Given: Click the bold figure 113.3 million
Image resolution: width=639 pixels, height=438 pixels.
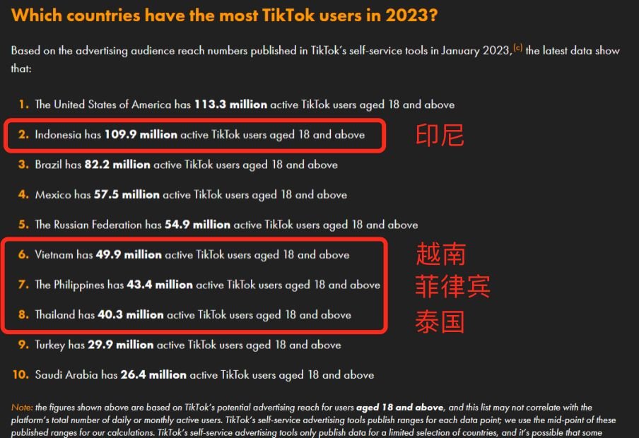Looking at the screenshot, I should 230,105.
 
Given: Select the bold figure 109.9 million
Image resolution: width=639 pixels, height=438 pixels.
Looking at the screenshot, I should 141,134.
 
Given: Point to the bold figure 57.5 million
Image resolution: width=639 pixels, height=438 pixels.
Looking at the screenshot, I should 127,194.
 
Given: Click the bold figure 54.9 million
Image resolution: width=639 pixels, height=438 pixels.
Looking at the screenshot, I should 197,225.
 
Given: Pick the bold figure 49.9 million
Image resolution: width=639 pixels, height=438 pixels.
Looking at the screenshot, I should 129,254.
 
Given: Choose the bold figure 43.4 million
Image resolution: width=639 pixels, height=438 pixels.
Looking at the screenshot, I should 160,285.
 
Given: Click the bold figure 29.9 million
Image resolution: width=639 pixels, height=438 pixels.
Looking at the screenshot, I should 120,345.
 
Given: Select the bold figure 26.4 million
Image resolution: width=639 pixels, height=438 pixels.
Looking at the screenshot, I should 153,374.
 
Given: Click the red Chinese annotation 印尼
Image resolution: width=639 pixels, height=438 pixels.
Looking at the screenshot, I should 440,135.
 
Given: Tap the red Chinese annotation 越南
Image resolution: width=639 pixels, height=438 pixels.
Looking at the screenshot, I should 440,254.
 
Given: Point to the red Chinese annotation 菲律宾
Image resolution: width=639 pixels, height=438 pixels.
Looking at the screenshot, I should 452,287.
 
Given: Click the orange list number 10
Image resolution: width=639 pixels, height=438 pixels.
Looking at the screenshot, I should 20,374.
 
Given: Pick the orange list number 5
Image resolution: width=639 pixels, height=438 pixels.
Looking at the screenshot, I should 23,225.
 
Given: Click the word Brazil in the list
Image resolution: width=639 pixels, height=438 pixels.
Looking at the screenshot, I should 49,165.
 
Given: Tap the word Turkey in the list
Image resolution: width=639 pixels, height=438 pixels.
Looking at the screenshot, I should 50,345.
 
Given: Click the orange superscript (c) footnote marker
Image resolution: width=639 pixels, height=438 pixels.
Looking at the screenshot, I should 517,47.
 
